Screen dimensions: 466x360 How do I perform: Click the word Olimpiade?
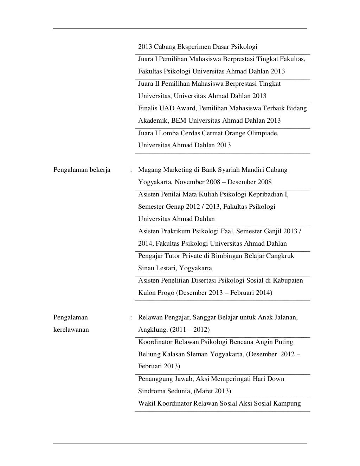coord(262,133)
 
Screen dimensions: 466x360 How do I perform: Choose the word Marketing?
coord(175,170)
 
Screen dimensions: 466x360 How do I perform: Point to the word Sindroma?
coord(150,391)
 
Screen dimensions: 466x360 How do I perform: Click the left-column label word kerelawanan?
coord(71,330)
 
